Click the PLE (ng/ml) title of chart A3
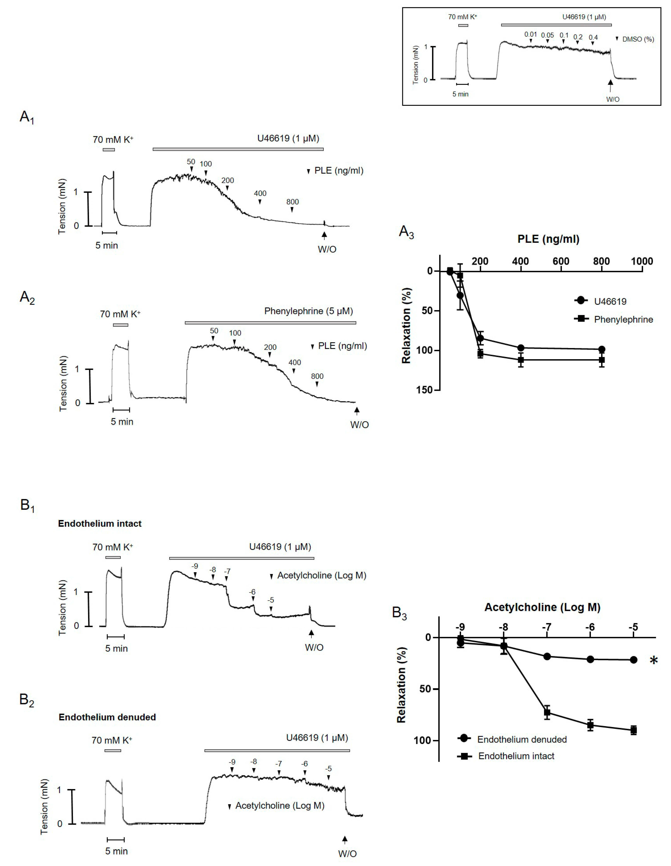click(548, 239)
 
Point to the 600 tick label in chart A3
click(561, 261)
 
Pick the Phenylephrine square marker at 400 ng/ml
click(521, 360)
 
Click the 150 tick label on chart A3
click(424, 390)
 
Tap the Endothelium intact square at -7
click(547, 713)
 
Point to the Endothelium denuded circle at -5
click(633, 660)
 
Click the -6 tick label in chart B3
click(590, 627)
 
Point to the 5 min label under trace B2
click(116, 851)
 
